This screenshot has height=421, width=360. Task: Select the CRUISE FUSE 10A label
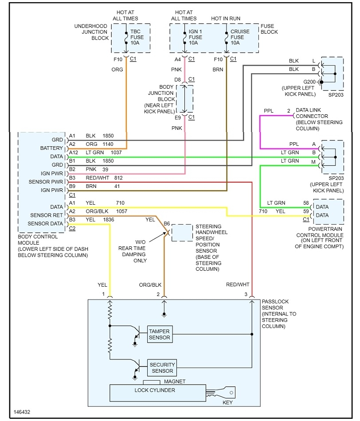(240, 37)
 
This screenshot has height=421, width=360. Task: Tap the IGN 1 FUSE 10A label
(196, 37)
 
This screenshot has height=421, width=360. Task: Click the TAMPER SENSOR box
(159, 335)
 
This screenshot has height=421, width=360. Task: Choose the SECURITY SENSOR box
(162, 368)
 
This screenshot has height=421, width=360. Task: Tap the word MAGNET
(175, 382)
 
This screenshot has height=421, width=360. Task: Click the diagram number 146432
(22, 412)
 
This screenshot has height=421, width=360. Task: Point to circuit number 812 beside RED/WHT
(118, 178)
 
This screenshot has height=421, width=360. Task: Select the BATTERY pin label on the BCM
(51, 148)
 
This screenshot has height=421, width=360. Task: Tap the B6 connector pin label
(167, 224)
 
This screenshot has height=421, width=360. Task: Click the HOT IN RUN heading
(226, 19)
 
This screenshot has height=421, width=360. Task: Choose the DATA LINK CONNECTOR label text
(319, 116)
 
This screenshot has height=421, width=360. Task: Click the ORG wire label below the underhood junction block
(117, 70)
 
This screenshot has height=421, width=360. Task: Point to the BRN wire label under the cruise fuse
(218, 70)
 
